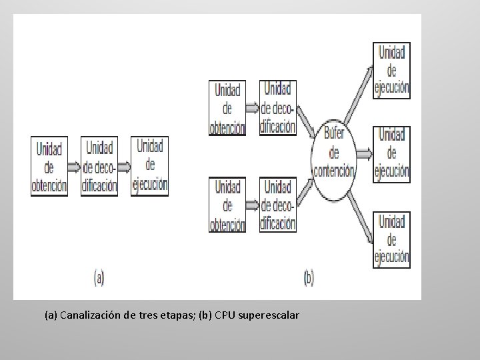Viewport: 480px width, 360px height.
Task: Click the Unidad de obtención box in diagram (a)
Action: pyautogui.click(x=49, y=167)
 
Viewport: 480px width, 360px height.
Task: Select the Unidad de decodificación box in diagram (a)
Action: pyautogui.click(x=99, y=167)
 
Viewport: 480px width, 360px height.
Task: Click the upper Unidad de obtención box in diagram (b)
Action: pyautogui.click(x=227, y=109)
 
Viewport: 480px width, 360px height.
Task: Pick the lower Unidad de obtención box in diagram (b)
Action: pyautogui.click(x=227, y=205)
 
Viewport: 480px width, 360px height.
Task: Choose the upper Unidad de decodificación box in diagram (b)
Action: pyautogui.click(x=278, y=107)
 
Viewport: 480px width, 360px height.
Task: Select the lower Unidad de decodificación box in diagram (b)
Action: pyautogui.click(x=278, y=205)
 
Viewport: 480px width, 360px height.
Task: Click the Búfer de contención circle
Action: pyautogui.click(x=334, y=153)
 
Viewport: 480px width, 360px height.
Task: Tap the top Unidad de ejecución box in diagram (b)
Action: pyautogui.click(x=391, y=70)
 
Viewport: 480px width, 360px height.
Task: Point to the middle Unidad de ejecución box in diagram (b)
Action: pyautogui.click(x=391, y=153)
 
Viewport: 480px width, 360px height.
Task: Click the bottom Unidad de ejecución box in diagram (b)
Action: pyautogui.click(x=391, y=239)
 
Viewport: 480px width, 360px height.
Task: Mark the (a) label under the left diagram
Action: pyautogui.click(x=99, y=277)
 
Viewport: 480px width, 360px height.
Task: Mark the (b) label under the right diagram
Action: pyautogui.click(x=308, y=277)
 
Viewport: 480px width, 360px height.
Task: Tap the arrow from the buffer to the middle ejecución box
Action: pyautogui.click(x=364, y=154)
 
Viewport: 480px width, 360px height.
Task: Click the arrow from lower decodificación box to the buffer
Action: pyautogui.click(x=305, y=187)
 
